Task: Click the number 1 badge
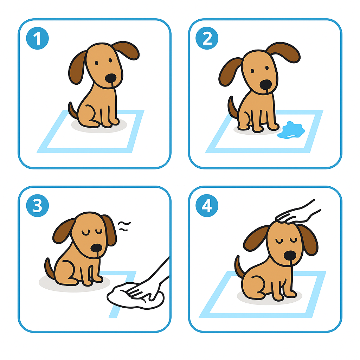pos(37,38)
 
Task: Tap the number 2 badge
pos(207,38)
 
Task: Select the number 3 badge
pos(37,205)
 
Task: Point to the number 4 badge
pos(207,205)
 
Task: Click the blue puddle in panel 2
pos(291,130)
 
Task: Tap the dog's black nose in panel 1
pos(111,78)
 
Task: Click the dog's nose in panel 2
pos(266,84)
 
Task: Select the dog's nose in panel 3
pos(96,248)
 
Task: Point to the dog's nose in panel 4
pos(290,255)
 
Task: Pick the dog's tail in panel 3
pos(49,268)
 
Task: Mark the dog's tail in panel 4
pos(239,266)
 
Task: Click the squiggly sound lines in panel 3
pos(124,226)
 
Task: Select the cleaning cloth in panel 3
pos(135,296)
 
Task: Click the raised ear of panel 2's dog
pos(284,52)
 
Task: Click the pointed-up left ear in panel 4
pos(256,239)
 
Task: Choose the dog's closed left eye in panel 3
pos(85,233)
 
